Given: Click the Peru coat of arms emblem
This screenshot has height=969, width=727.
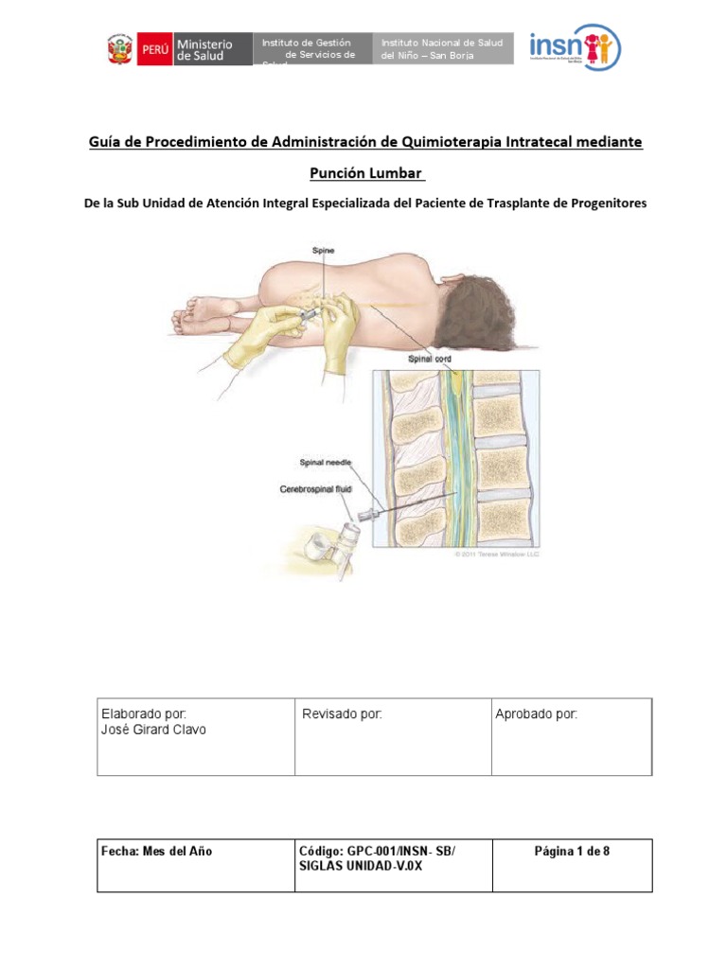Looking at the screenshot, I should click(121, 49).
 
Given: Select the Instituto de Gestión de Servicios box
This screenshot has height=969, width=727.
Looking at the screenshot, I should click(313, 49).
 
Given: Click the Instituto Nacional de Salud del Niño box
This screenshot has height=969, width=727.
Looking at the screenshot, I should click(445, 49).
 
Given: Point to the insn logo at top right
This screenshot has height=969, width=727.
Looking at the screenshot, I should click(574, 47).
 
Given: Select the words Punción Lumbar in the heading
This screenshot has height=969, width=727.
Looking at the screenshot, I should click(367, 173).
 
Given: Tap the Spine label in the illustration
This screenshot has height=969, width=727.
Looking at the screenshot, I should click(323, 251).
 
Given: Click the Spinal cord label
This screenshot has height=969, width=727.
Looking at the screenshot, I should click(429, 360).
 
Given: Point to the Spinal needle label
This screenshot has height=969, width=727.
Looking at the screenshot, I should click(326, 463).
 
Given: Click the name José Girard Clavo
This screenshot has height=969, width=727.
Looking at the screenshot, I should click(152, 730).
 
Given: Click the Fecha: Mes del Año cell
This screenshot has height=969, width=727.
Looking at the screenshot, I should click(156, 852).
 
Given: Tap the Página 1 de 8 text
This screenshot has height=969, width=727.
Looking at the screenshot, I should click(572, 852).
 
